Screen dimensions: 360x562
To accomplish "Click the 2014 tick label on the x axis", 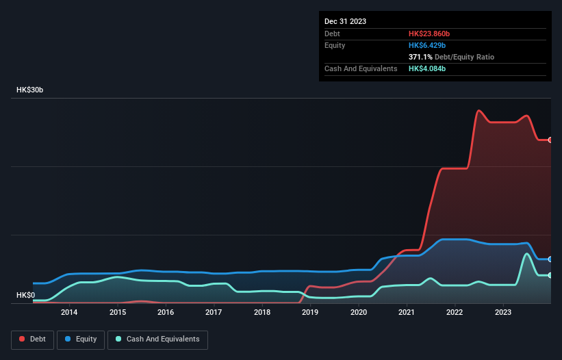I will point(68,313).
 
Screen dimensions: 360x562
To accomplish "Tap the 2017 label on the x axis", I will point(214,313).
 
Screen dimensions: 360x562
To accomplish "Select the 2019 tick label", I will point(310,313).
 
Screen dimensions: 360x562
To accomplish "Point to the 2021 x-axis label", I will point(407,313).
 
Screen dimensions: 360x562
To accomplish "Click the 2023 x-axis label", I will point(503,313).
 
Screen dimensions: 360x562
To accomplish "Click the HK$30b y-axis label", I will point(29,90).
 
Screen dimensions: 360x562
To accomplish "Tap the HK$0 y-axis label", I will point(25,296).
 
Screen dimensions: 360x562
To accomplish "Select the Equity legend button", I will point(82,339).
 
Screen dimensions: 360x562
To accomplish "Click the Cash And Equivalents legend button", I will point(157,339).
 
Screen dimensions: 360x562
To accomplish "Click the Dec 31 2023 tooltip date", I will point(345,21).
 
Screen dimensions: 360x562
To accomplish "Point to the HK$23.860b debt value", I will point(429,34).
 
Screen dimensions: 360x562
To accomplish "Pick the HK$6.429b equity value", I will point(426,45).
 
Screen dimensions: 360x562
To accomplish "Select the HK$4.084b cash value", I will point(427,69).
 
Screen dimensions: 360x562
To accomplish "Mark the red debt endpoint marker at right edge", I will point(550,140).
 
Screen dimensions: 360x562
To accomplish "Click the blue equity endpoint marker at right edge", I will point(550,259).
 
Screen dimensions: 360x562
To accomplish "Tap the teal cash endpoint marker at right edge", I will point(550,275).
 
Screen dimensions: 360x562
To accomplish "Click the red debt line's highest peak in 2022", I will point(478,110).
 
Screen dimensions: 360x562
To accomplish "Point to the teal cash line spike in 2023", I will point(526,254).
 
